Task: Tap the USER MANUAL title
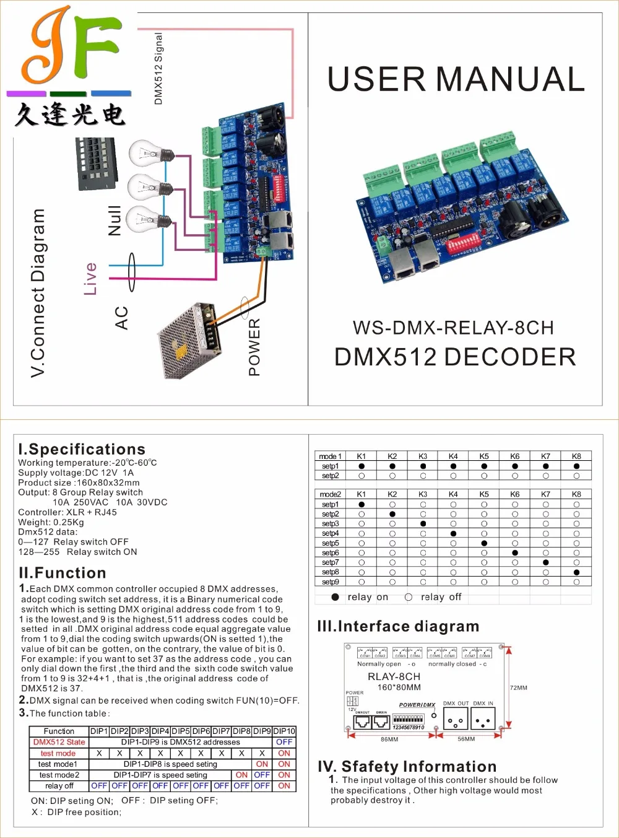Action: tap(456, 79)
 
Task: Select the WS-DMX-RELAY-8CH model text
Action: tap(453, 328)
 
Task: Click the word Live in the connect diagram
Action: tap(91, 278)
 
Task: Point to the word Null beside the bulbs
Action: tap(115, 220)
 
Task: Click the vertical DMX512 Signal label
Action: tap(158, 69)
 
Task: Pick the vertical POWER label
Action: tap(254, 347)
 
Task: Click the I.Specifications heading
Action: tap(82, 449)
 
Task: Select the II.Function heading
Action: tap(63, 573)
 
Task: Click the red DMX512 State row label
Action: tap(59, 742)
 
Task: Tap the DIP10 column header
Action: tap(284, 731)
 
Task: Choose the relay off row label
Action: tap(59, 785)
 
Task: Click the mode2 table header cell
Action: tap(330, 494)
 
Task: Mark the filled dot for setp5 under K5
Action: tap(484, 543)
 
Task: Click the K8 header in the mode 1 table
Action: tap(576, 456)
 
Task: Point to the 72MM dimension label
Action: tap(519, 687)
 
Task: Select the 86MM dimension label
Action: tap(389, 739)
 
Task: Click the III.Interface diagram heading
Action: tap(398, 626)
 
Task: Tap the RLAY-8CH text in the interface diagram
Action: tap(394, 676)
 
